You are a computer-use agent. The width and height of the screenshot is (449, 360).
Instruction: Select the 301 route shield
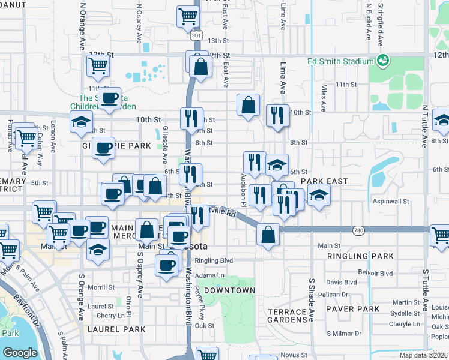point(196,35)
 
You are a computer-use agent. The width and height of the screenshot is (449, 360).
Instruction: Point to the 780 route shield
point(358,230)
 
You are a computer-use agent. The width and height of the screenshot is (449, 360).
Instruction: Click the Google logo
point(20,352)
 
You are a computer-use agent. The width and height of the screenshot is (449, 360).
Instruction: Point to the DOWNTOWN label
point(229,290)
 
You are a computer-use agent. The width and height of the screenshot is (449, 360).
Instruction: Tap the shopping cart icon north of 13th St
point(188,16)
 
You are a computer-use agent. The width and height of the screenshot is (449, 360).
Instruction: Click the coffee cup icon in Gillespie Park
point(103,147)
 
